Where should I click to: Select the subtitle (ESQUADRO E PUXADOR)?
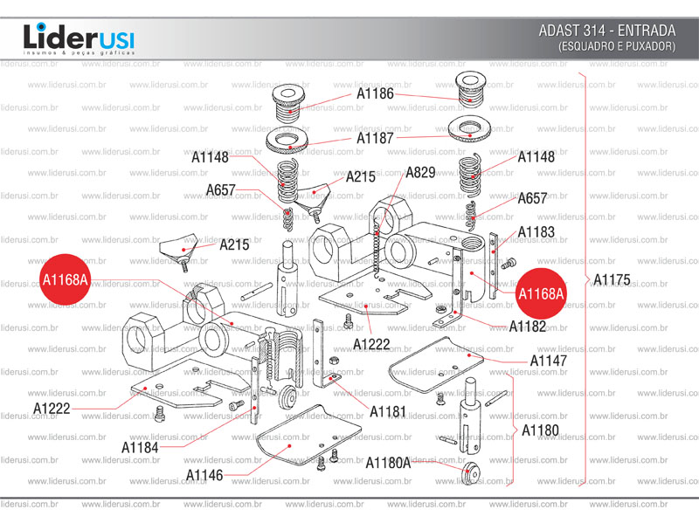617,45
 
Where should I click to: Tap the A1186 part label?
375,93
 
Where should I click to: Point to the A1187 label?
375,138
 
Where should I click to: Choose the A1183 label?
536,232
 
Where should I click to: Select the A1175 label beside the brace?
612,280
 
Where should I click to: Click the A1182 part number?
529,327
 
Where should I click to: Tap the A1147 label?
549,361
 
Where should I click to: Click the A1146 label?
204,475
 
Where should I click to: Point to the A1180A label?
388,463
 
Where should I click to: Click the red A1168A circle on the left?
66,279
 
